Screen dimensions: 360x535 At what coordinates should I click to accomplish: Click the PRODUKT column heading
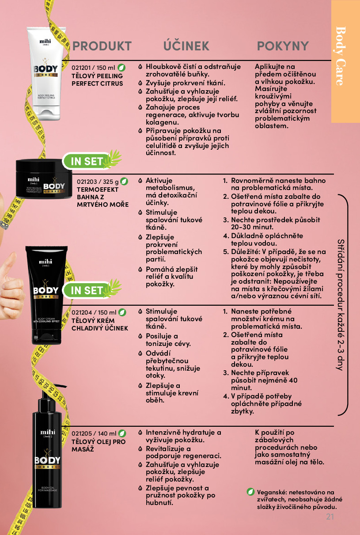tap(102, 46)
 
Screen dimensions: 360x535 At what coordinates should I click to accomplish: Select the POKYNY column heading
tap(283, 46)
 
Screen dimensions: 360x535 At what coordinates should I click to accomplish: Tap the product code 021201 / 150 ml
tap(93, 68)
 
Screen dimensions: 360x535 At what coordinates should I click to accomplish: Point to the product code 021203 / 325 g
tap(98, 182)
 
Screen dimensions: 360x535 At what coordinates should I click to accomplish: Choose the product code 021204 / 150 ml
tap(94, 312)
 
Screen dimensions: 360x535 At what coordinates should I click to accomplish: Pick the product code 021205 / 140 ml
tap(94, 433)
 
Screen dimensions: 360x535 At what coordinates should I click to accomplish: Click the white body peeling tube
tap(46, 73)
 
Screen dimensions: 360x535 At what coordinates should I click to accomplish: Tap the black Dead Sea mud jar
tap(44, 178)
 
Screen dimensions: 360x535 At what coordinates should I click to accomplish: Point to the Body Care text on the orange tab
tap(341, 56)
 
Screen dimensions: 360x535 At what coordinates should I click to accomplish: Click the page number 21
tap(330, 517)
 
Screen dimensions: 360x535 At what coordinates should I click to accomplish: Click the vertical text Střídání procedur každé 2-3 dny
tap(341, 305)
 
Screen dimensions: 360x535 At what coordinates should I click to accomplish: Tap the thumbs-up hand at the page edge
tap(11, 287)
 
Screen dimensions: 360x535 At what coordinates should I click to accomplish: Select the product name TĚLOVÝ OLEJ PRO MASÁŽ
tap(99, 445)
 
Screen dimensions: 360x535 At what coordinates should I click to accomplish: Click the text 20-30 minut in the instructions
tap(252, 227)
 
